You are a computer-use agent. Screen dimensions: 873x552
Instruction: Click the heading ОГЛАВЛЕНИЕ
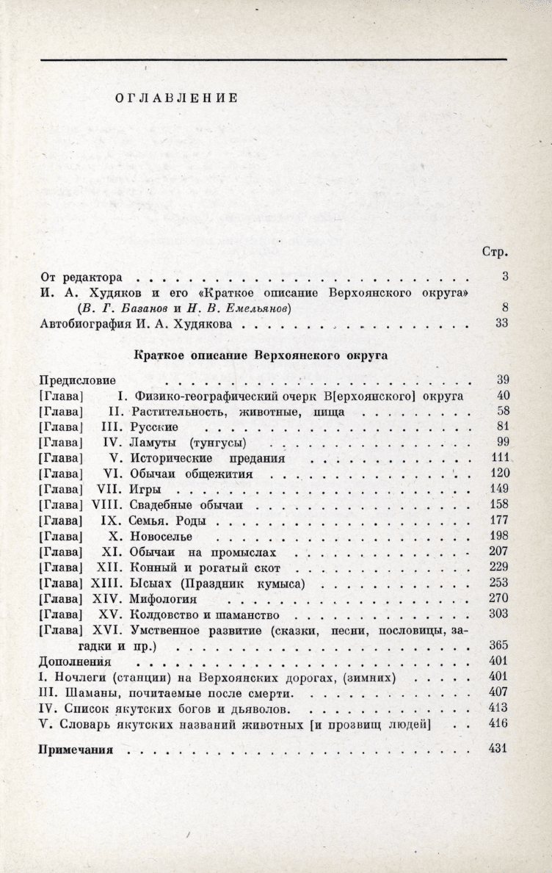tap(176, 98)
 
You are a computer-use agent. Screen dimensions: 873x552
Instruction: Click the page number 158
tap(499, 505)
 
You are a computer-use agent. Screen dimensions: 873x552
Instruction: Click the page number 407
tap(499, 692)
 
